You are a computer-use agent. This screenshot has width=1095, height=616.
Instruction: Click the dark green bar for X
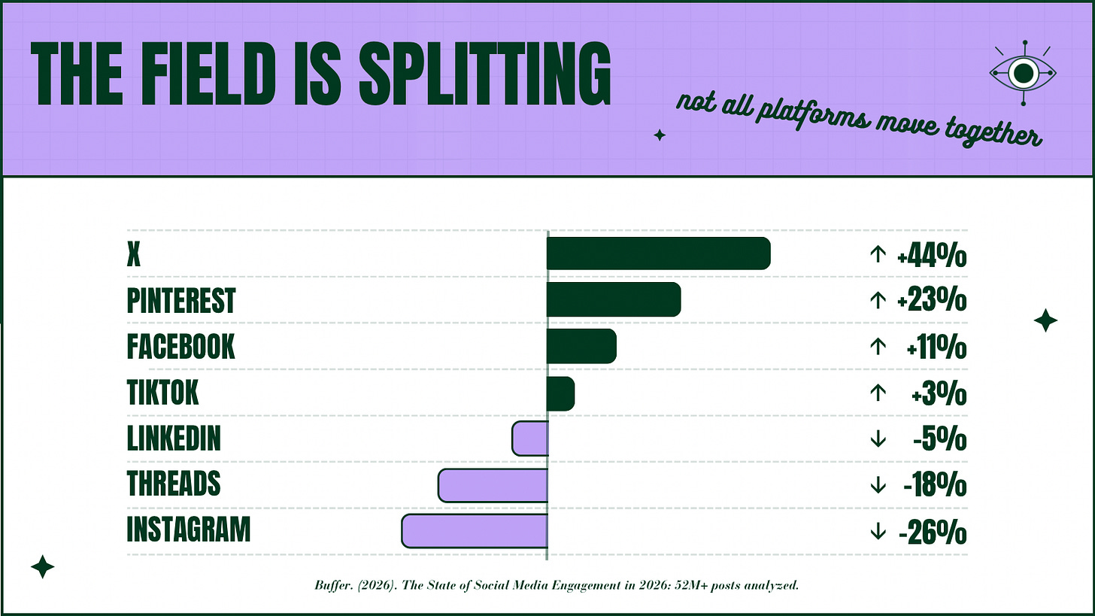(659, 253)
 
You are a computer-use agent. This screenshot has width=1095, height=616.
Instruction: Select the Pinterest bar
(614, 299)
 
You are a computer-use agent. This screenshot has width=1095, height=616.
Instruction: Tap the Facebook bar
(581, 346)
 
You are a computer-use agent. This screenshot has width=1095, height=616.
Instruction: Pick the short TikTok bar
(560, 393)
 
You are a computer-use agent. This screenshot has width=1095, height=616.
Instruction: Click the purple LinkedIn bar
(530, 438)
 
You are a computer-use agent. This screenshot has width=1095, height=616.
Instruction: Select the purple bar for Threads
(493, 485)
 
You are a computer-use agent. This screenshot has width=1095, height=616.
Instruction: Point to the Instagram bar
(475, 531)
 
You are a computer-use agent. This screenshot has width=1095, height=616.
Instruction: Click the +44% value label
(932, 256)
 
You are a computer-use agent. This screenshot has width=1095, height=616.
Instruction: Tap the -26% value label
(933, 533)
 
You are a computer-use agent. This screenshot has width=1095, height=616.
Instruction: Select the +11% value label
(936, 347)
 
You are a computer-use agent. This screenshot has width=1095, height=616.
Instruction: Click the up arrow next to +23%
(878, 300)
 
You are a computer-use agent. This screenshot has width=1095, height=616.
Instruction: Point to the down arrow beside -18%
(878, 485)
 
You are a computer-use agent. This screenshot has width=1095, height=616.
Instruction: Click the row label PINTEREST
(180, 300)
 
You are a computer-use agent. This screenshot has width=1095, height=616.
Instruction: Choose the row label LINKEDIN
(174, 438)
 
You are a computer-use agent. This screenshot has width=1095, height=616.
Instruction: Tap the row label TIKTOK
(162, 392)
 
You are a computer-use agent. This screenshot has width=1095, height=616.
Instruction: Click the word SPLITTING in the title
(485, 74)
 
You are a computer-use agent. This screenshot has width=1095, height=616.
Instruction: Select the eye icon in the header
(1023, 73)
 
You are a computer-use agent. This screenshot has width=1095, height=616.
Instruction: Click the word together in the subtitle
(993, 132)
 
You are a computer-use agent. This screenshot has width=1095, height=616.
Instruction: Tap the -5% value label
(939, 439)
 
